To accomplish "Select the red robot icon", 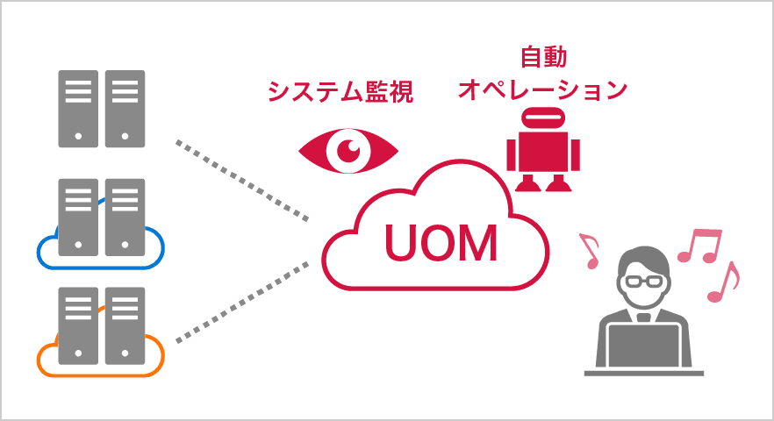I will (x=543, y=148).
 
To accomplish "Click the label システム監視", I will (x=340, y=90).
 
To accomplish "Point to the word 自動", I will (x=543, y=59).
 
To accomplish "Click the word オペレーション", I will (x=543, y=90).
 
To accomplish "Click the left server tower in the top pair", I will (x=78, y=108).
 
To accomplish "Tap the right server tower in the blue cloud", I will (x=125, y=217).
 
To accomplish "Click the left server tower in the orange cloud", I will (x=78, y=325).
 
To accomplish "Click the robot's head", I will (x=543, y=120).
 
